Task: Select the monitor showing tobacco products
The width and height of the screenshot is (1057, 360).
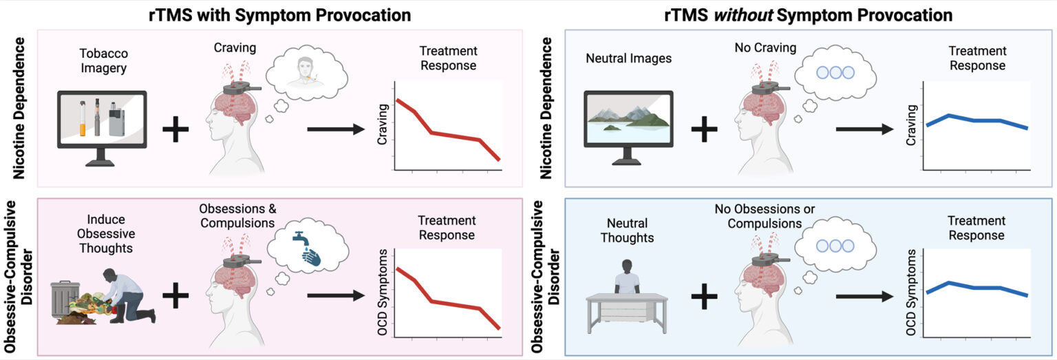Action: tap(102, 125)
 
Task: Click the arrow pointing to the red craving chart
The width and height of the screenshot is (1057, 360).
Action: tap(334, 129)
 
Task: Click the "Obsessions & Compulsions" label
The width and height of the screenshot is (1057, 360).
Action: tap(237, 215)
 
